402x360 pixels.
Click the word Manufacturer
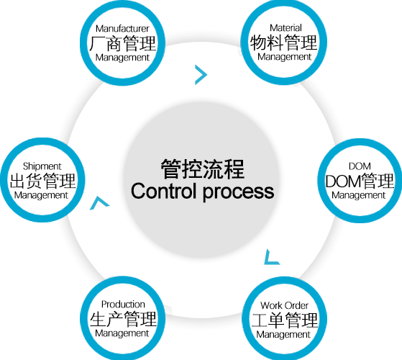[122, 29]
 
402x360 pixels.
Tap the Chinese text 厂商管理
[122, 43]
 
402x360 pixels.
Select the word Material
[285, 27]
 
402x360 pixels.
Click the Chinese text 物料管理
[284, 42]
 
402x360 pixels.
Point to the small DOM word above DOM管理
[360, 166]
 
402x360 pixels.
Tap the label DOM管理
[360, 181]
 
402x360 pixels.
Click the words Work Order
[284, 305]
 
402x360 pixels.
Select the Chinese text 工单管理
[285, 320]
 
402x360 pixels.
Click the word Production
[123, 305]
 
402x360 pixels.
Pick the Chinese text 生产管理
[123, 319]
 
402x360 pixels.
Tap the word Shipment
[42, 166]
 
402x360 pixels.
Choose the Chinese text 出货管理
[42, 181]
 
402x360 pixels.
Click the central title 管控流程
[203, 168]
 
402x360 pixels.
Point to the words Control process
[202, 192]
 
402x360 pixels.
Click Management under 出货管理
[41, 196]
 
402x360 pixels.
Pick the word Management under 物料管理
[284, 57]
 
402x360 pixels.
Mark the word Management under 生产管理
[122, 333]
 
